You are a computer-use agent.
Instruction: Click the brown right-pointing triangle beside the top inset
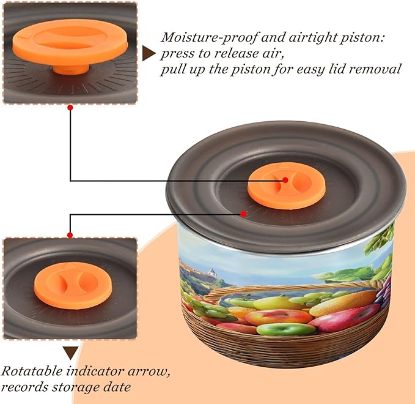(x=148, y=53)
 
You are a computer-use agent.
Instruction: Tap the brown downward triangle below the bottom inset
(x=71, y=353)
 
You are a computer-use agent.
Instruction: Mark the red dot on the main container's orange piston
(x=285, y=180)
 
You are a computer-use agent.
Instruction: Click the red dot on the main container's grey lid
(x=243, y=214)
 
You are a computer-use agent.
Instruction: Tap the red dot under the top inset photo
(x=70, y=108)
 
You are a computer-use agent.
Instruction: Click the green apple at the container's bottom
(x=286, y=329)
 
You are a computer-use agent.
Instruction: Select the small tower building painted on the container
(x=211, y=274)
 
